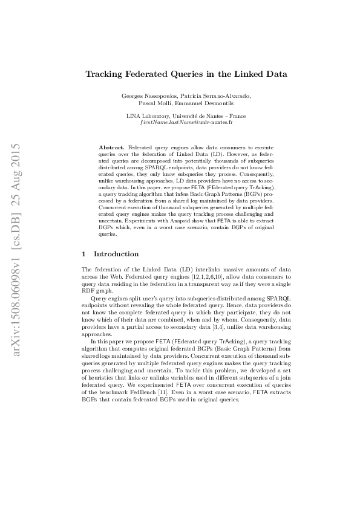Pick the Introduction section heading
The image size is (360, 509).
(116, 254)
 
